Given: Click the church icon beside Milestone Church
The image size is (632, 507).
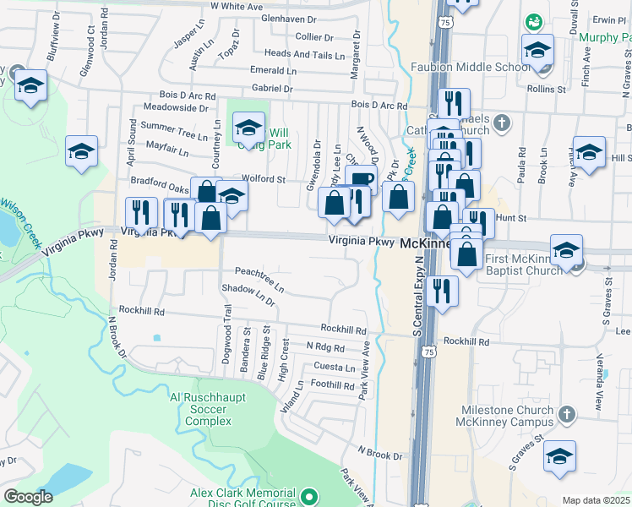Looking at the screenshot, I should pyautogui.click(x=566, y=414).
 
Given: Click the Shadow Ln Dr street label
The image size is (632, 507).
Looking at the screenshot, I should pyautogui.click(x=248, y=294).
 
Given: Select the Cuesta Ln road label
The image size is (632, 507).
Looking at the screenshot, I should pyautogui.click(x=335, y=368).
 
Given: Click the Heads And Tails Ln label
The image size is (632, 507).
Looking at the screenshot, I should pyautogui.click(x=306, y=54).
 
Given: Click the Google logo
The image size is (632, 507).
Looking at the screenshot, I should pyautogui.click(x=28, y=497).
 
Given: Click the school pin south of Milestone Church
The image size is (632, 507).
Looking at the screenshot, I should pyautogui.click(x=558, y=456).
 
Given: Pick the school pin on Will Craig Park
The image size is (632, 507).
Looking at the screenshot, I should pyautogui.click(x=248, y=128).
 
